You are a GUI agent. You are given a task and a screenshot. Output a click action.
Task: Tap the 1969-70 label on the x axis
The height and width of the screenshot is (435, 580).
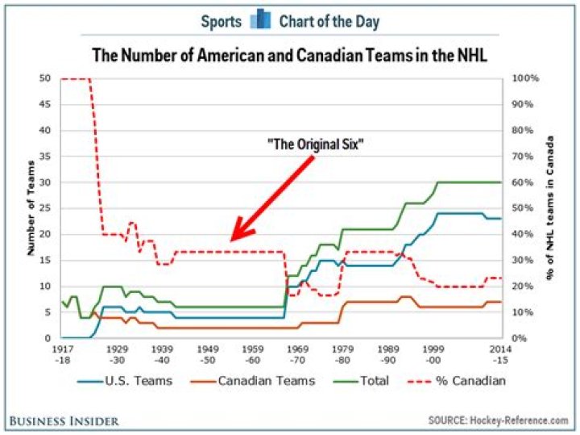tap(296, 354)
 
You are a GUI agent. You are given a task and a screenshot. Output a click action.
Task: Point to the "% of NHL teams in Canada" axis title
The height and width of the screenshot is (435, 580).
tap(550, 208)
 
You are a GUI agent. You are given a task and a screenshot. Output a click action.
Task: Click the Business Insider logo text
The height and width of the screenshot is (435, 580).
tap(64, 420)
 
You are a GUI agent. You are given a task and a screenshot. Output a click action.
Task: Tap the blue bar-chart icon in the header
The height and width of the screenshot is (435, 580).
tap(260, 19)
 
